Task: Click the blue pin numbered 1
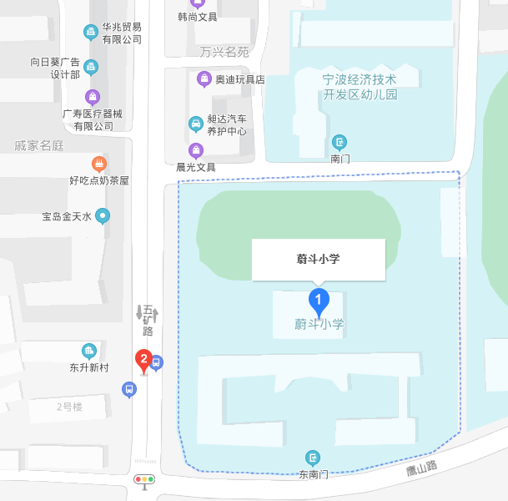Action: coord(318,299)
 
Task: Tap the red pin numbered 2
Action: coord(143,360)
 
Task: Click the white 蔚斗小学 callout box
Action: coord(319,259)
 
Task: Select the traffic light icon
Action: coord(145,480)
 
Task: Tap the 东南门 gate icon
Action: coord(313,457)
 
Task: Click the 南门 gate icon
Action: coord(340,142)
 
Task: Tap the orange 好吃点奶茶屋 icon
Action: coord(99,163)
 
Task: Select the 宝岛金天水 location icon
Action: coord(103,216)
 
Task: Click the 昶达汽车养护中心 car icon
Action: coord(195,124)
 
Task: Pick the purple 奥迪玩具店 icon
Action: coord(204,79)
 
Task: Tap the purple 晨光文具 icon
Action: coord(196,150)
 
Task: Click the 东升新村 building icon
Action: coord(89,351)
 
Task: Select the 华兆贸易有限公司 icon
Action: coord(91,33)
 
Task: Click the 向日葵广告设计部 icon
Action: coord(91,68)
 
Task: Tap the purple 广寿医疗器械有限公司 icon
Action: coord(93,97)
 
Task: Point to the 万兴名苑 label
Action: coord(224,52)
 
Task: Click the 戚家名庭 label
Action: coord(39,145)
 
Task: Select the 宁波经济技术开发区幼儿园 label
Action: coord(360,87)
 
